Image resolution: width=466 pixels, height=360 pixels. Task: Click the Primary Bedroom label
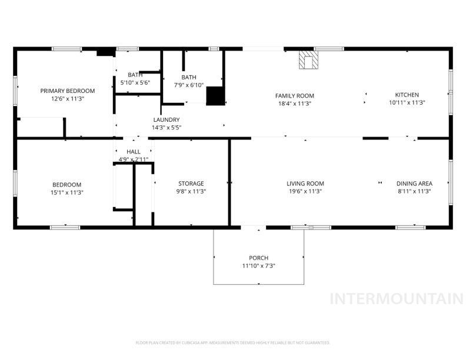(67, 91)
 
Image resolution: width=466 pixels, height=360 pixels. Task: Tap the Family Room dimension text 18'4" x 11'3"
(294, 103)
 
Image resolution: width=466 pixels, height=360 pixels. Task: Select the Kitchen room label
(407, 95)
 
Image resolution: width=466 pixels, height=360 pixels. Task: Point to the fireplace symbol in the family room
(308, 59)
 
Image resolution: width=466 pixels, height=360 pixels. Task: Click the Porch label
(258, 258)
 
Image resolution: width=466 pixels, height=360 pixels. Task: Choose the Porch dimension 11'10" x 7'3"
(258, 266)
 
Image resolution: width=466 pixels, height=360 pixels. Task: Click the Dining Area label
(414, 184)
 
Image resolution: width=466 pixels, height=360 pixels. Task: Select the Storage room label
(191, 184)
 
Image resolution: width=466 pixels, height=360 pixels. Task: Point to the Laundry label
(166, 119)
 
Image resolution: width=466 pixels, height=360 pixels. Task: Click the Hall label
(133, 152)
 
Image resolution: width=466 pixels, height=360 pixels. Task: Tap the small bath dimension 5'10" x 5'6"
(135, 82)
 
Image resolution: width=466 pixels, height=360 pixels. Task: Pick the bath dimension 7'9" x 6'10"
(189, 85)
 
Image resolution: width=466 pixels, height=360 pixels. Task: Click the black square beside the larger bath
(215, 96)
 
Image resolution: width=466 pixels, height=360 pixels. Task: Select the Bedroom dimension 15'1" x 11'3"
(66, 192)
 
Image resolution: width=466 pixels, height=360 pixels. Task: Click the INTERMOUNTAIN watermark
(396, 298)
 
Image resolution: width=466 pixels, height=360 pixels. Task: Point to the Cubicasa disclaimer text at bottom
(232, 342)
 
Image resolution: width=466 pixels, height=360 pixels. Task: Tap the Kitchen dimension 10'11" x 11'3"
(407, 103)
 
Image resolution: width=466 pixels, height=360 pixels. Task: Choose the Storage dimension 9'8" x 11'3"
(191, 192)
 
